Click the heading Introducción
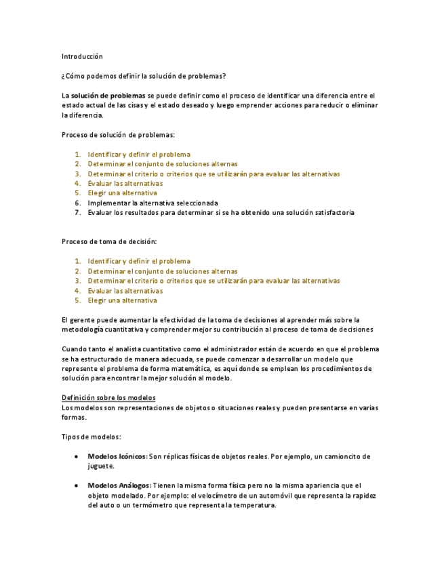coord(82,56)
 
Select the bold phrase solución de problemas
coord(108,96)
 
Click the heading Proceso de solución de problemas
coord(118,135)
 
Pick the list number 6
coord(78,203)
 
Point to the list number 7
coord(78,212)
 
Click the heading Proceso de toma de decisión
coord(109,241)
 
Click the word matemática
coord(191,369)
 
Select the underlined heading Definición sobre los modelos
coord(108,398)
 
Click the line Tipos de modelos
coord(92,437)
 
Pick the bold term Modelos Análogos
coord(118,485)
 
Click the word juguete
coord(101,467)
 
